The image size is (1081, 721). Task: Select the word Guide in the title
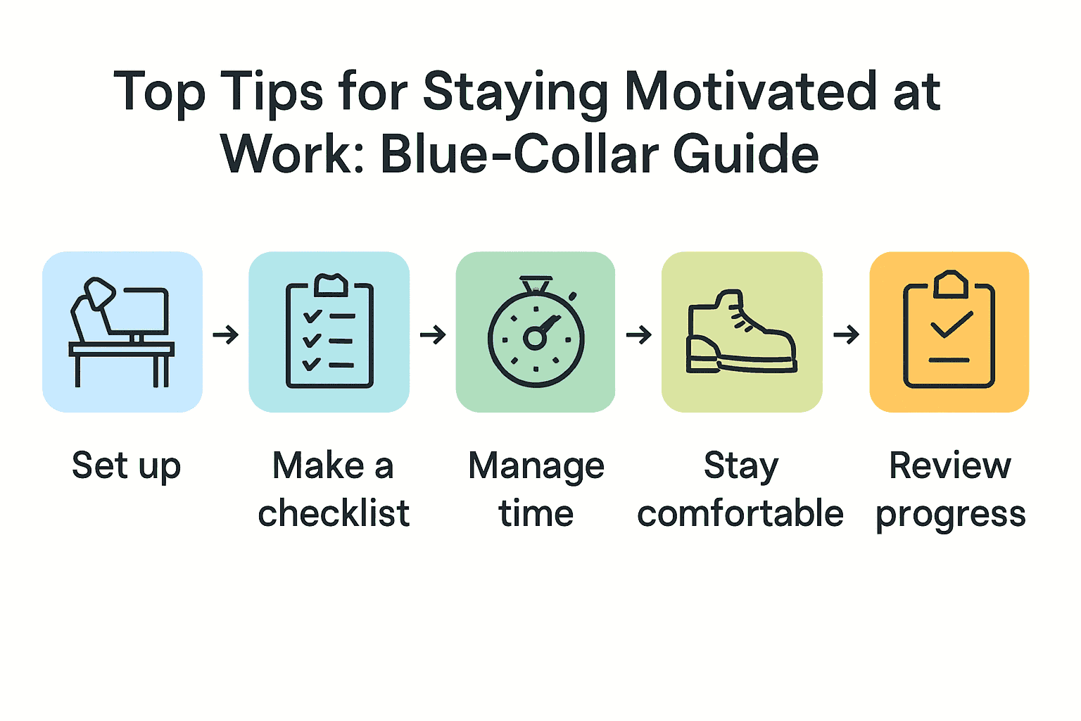(x=746, y=154)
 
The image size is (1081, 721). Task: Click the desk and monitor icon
(x=122, y=332)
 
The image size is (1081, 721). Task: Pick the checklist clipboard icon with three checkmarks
(x=329, y=332)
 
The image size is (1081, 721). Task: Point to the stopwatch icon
(x=536, y=332)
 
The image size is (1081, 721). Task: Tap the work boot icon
(x=742, y=332)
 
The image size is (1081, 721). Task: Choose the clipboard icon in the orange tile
(x=949, y=330)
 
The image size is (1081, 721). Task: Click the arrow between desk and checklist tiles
(x=226, y=334)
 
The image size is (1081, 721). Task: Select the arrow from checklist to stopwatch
(x=433, y=334)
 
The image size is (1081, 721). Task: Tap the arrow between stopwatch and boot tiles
(x=639, y=334)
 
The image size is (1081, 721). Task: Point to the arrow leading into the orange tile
(x=847, y=334)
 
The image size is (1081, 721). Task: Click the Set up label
(x=127, y=466)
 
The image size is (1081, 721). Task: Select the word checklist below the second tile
(x=334, y=513)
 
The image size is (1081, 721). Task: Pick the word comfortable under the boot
(x=740, y=513)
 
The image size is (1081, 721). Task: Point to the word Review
(x=949, y=465)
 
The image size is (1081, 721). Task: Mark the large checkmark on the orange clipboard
(x=952, y=325)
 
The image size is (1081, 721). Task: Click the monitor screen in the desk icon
(x=146, y=311)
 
